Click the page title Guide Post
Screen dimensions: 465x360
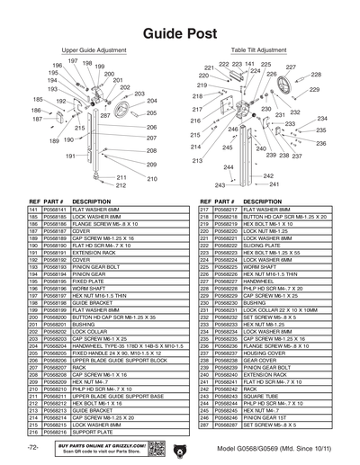(x=180, y=33)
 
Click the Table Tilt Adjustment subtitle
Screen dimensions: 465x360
(x=258, y=51)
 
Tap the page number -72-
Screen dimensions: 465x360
(x=33, y=448)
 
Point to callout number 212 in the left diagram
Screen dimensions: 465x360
(x=121, y=185)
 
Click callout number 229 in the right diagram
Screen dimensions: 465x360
(x=314, y=90)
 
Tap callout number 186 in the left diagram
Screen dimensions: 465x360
(x=37, y=110)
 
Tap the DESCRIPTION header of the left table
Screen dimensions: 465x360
(x=91, y=201)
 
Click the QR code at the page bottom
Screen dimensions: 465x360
(x=153, y=449)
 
